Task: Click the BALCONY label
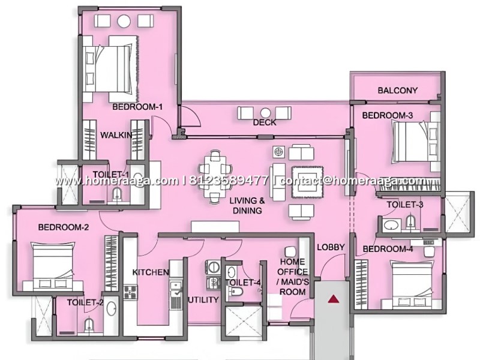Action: pyautogui.click(x=397, y=91)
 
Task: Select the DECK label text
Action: pyautogui.click(x=265, y=122)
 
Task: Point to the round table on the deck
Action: pyautogui.click(x=265, y=113)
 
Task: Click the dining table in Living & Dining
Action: pyautogui.click(x=215, y=176)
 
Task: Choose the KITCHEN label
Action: pyautogui.click(x=151, y=272)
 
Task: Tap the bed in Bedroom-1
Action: pyautogui.click(x=112, y=69)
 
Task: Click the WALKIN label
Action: pyautogui.click(x=116, y=134)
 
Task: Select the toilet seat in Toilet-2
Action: pyautogui.click(x=89, y=325)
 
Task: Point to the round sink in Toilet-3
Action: pyautogui.click(x=392, y=226)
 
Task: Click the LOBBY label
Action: pyautogui.click(x=331, y=247)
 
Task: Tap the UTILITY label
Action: pyautogui.click(x=203, y=299)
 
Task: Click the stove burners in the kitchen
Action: pyautogui.click(x=130, y=292)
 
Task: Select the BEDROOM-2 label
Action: pyautogui.click(x=64, y=227)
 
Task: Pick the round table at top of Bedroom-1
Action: pyautogui.click(x=124, y=21)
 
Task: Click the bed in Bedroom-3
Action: pyautogui.click(x=416, y=141)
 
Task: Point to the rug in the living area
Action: pyautogui.click(x=307, y=182)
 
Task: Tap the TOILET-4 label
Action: pyautogui.click(x=242, y=283)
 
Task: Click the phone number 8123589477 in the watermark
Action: pyautogui.click(x=229, y=181)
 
